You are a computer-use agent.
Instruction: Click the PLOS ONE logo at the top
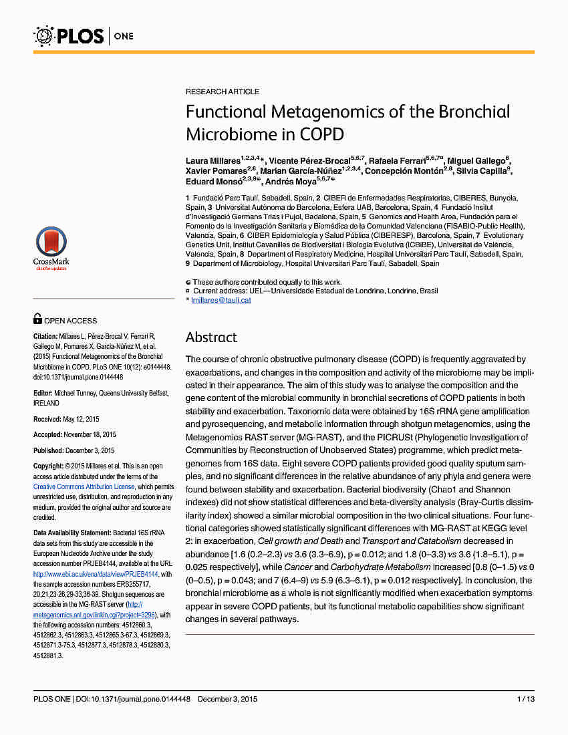(84, 35)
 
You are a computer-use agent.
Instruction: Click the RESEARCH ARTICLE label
(223, 92)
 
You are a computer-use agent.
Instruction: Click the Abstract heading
(211, 337)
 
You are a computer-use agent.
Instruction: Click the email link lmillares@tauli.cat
(221, 301)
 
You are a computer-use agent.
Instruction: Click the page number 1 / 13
(525, 699)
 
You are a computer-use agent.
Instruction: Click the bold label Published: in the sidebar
(49, 450)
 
